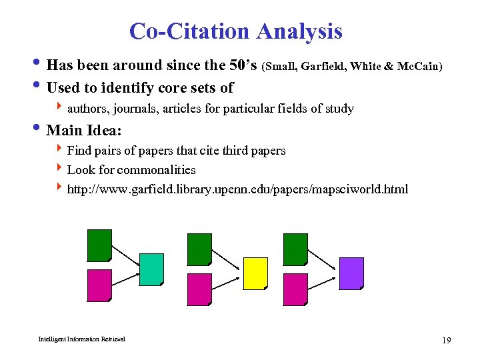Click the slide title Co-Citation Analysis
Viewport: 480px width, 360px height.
(x=235, y=31)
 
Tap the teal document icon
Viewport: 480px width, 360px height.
(x=151, y=269)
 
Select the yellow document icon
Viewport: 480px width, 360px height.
(x=255, y=273)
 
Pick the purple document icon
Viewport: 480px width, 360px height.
(x=351, y=273)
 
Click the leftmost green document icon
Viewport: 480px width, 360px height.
(x=100, y=245)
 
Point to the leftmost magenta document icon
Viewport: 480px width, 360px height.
(x=100, y=285)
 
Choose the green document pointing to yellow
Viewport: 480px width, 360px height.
(x=199, y=249)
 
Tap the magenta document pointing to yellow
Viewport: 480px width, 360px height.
(x=199, y=289)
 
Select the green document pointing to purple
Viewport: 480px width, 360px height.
(x=295, y=249)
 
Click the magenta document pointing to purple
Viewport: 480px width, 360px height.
(x=295, y=289)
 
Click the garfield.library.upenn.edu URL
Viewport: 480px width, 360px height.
(x=237, y=189)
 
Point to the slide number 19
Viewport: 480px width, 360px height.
(x=446, y=341)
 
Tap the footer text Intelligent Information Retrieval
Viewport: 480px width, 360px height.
(x=81, y=339)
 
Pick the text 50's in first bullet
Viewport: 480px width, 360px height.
(x=240, y=65)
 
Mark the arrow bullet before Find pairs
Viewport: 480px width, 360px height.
(x=61, y=151)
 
